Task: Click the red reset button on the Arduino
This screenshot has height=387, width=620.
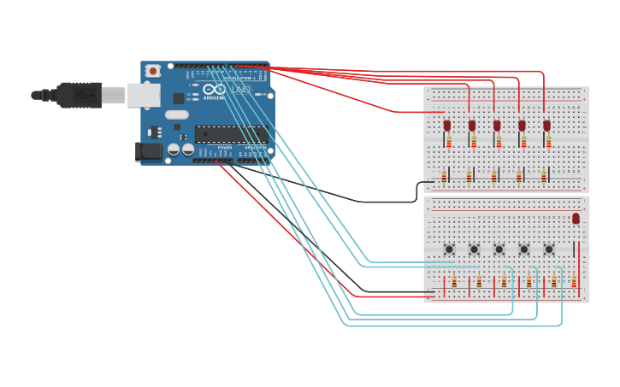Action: pos(153,71)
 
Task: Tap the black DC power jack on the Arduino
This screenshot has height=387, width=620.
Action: pos(149,152)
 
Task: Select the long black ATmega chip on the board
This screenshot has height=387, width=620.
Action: pos(231,134)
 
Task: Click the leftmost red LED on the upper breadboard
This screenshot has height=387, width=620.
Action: pos(446,126)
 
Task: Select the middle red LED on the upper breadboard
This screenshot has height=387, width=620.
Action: pos(497,126)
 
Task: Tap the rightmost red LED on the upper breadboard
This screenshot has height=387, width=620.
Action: pos(546,126)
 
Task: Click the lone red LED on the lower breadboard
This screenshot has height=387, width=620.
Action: pos(576,219)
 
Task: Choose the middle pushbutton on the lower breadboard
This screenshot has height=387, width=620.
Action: pos(499,249)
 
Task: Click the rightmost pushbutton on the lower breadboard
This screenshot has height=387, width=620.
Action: pos(548,249)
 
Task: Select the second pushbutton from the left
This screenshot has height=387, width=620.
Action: pos(474,249)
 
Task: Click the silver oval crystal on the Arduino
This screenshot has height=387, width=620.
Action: pos(177,114)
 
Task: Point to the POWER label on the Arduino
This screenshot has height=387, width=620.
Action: pos(225,148)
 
